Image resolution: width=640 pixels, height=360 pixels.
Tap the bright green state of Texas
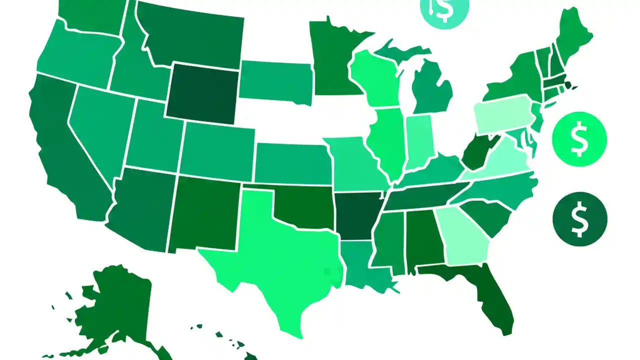(x=280, y=255)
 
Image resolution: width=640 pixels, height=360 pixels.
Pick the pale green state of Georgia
(x=462, y=235)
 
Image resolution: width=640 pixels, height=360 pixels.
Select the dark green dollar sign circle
(x=580, y=218)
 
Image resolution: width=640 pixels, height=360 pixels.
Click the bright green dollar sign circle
(x=579, y=138)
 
